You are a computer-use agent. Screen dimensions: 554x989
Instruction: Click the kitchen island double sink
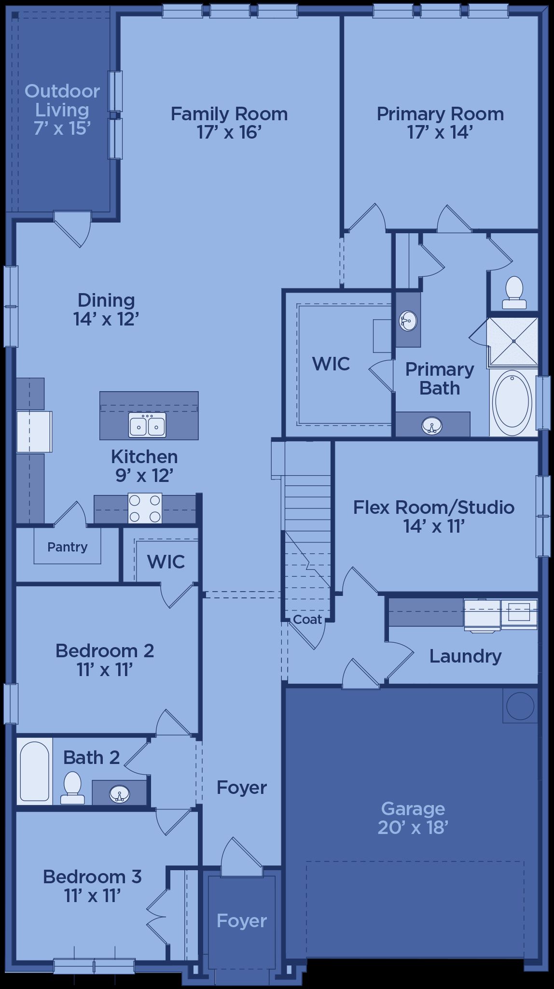click(x=147, y=425)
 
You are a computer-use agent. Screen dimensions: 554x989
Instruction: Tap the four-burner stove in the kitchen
click(x=145, y=508)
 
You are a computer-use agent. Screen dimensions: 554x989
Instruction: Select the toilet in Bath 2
click(x=72, y=788)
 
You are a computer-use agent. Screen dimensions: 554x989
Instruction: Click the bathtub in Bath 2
click(x=35, y=771)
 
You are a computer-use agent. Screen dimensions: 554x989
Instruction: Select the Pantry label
click(x=68, y=547)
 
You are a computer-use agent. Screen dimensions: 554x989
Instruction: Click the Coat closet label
click(x=307, y=619)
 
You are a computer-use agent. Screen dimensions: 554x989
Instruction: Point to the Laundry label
click(x=465, y=656)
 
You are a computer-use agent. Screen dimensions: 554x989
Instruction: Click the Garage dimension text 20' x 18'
click(x=413, y=827)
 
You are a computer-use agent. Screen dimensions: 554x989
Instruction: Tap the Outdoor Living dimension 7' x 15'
click(x=62, y=128)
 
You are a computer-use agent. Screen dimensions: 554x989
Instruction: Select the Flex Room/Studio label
click(x=434, y=508)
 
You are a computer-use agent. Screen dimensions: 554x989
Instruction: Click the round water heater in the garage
click(x=520, y=706)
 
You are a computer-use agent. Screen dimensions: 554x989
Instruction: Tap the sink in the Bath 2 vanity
click(x=119, y=793)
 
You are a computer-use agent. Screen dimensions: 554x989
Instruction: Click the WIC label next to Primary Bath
click(x=331, y=364)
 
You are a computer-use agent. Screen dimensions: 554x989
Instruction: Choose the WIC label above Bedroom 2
click(x=166, y=562)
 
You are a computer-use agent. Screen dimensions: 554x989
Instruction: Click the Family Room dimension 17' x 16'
click(x=229, y=132)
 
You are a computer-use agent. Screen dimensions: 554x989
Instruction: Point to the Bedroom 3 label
click(x=92, y=876)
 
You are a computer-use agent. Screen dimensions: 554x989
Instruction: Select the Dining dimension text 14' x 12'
click(x=107, y=319)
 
